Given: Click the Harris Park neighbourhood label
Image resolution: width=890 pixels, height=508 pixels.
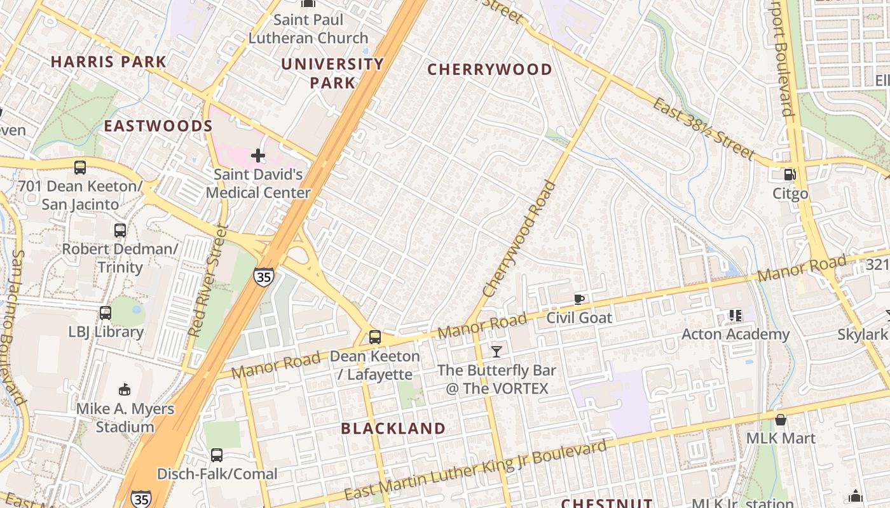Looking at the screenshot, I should click(x=108, y=62).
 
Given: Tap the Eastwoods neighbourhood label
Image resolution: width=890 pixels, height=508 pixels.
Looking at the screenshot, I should click(x=158, y=126).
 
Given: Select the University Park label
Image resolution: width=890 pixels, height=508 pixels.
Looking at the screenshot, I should click(x=332, y=73).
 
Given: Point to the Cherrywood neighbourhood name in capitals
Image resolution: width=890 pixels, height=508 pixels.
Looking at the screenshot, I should click(x=489, y=69).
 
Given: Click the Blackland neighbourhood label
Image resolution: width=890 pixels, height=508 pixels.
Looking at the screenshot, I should click(x=393, y=428).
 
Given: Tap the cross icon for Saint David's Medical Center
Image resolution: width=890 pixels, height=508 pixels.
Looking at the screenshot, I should click(x=258, y=155).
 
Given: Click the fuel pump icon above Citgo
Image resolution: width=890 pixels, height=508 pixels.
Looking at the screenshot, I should click(x=790, y=174).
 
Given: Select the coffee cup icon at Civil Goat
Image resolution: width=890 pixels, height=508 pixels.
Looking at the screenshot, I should click(x=578, y=299).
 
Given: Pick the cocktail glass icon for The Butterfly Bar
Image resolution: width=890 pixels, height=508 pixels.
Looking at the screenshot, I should click(x=496, y=351).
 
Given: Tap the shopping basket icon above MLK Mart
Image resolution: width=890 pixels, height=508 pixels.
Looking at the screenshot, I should click(x=781, y=420).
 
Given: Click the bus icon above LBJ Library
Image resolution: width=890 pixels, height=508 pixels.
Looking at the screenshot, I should click(x=106, y=313).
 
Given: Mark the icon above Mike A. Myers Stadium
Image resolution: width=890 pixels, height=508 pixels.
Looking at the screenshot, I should click(x=125, y=389).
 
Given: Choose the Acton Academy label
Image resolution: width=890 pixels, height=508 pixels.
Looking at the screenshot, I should click(x=736, y=334).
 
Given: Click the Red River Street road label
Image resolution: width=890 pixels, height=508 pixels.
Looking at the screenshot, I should click(x=209, y=279).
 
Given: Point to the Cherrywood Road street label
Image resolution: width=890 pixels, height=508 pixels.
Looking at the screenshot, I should click(x=519, y=239).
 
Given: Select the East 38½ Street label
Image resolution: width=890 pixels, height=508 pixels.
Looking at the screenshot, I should click(x=703, y=129).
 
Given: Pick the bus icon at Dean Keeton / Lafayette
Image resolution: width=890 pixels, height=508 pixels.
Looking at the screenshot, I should click(x=375, y=337).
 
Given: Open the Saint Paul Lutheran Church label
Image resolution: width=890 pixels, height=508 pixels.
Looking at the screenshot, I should click(x=308, y=29).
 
